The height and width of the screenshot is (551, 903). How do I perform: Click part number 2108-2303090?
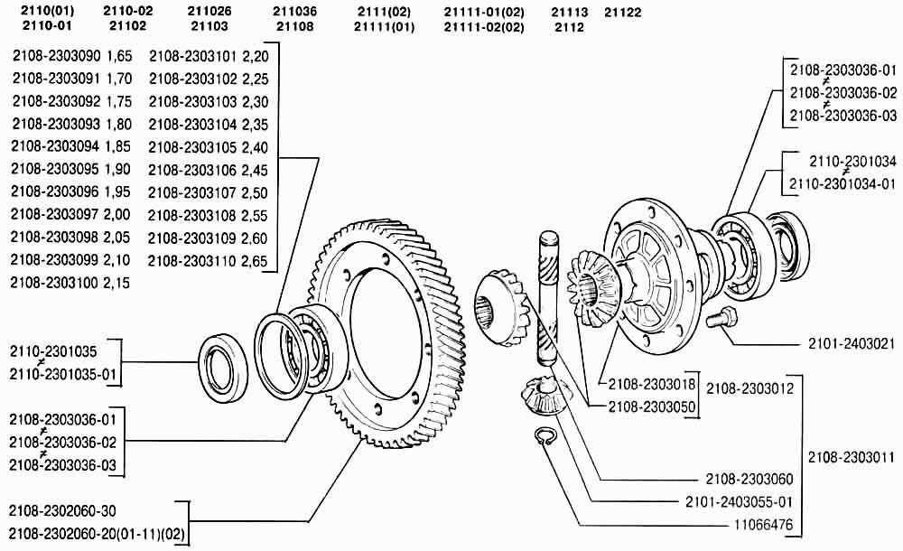tap(56, 56)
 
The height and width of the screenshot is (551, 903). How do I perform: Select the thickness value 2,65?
tap(255, 261)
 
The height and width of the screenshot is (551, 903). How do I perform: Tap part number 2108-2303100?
tap(55, 283)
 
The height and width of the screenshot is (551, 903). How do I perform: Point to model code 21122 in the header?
tap(622, 12)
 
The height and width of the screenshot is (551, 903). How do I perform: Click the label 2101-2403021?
tap(852, 344)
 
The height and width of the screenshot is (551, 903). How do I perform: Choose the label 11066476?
tap(763, 525)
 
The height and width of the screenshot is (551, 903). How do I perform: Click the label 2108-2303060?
tap(749, 479)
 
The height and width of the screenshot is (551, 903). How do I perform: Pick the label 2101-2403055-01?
tap(739, 501)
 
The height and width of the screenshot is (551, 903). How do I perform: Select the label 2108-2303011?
tap(852, 458)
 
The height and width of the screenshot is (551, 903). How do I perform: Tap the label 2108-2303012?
tap(749, 388)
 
